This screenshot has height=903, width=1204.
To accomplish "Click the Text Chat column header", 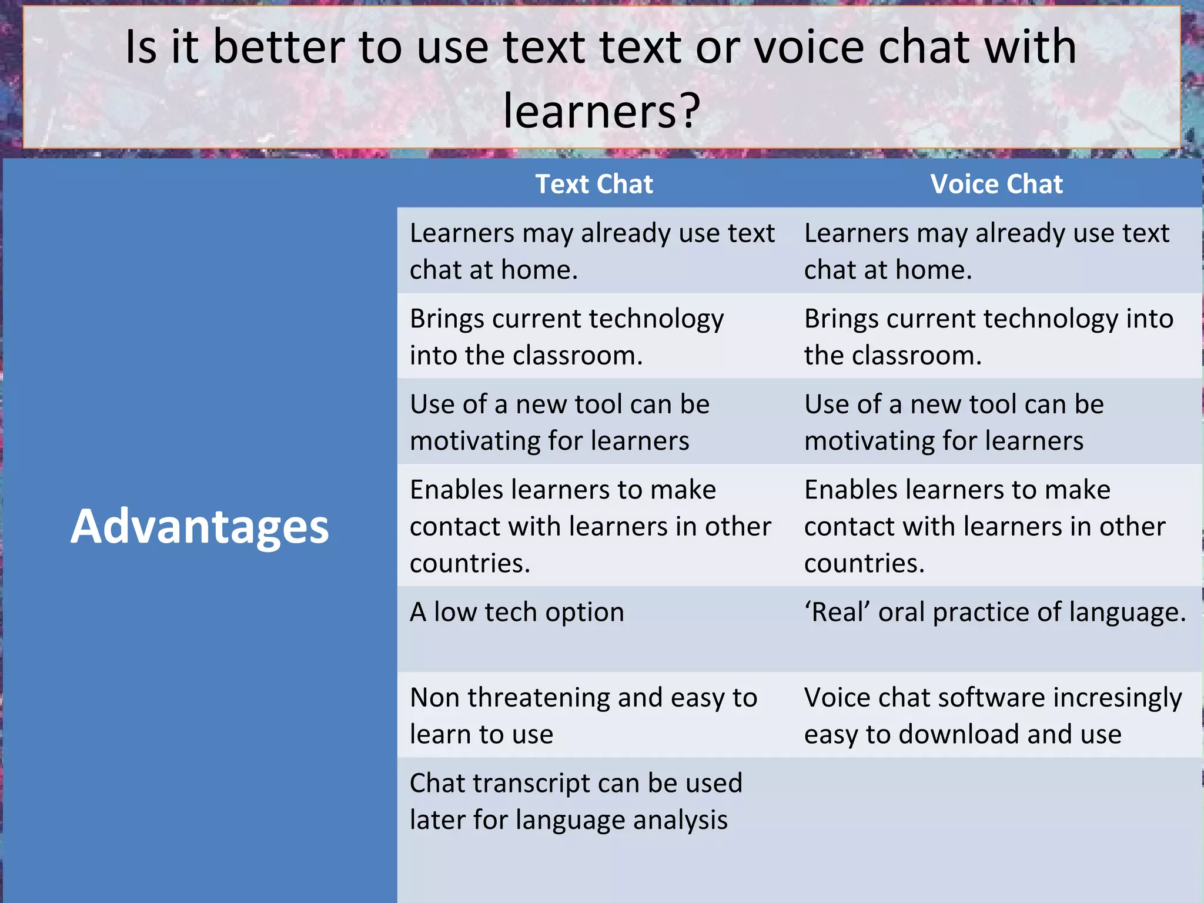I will coord(594,184).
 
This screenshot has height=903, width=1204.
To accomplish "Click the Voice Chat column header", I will coord(996,184).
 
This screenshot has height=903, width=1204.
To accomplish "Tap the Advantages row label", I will coord(199,526).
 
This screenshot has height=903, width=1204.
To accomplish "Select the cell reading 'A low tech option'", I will coord(517,613).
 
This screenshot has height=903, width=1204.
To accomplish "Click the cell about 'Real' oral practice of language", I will coord(995,613).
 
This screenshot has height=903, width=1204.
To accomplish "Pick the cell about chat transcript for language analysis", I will coord(576,801).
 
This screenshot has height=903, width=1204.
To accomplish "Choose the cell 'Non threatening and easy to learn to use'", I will coord(583,715).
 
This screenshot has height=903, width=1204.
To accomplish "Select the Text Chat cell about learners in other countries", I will coord(590,526).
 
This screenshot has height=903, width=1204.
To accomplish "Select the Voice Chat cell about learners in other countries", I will coord(985,526).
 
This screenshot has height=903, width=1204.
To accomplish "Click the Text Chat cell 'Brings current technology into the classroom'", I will coord(567,337).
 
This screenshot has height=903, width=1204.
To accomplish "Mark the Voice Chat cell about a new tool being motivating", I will coord(954,422).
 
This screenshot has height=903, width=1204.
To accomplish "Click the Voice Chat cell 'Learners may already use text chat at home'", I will coord(986,251).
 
